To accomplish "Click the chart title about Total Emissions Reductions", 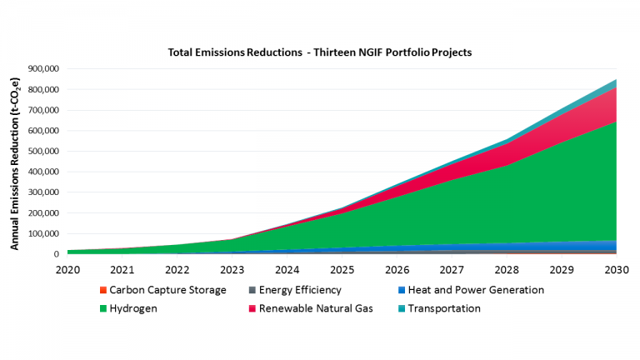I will coord(320,52).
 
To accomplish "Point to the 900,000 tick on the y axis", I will coord(42,69).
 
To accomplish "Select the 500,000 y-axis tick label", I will coord(42,152).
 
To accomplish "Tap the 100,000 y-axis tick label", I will coord(42,234).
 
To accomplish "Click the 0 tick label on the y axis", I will coord(57,255).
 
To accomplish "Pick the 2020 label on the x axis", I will coord(67,269).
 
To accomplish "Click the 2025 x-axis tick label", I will coord(342,269).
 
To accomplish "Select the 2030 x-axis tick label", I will coord(617,269).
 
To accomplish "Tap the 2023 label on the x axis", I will coord(232,269).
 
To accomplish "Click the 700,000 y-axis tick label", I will coord(42,110).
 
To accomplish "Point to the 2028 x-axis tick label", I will coord(507,269).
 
